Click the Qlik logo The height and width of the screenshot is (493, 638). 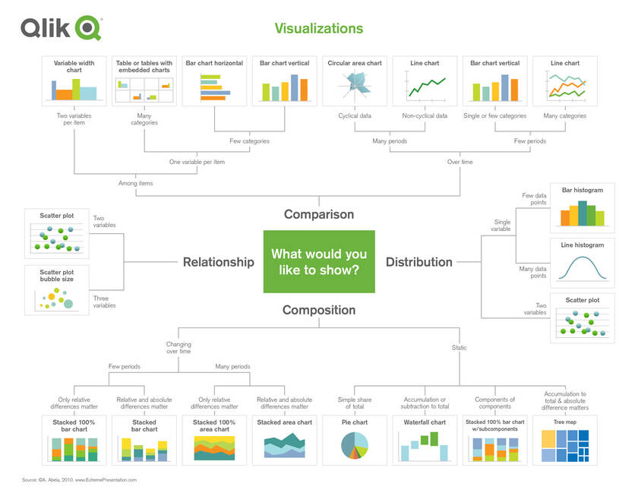tap(61, 29)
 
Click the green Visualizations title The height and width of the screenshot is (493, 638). tap(318, 29)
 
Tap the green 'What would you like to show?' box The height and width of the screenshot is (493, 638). tap(318, 261)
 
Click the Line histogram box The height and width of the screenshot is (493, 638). tap(582, 262)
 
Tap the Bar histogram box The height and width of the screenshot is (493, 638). tap(582, 207)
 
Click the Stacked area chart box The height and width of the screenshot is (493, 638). tap(284, 440)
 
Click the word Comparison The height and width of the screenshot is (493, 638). tap(318, 214)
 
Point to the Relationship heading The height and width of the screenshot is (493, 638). tap(218, 262)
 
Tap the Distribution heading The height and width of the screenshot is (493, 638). tap(418, 262)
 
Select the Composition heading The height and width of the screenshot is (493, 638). tap(318, 310)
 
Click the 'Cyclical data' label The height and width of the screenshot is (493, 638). tap(354, 116)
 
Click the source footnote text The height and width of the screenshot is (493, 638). tap(79, 480)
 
